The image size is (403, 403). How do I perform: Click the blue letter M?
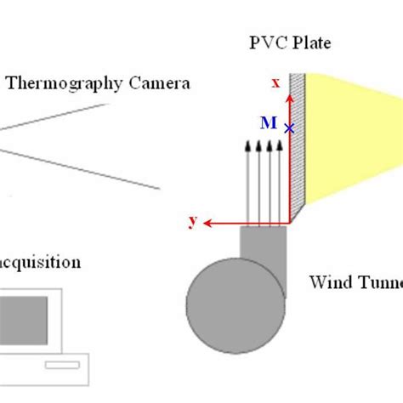269,123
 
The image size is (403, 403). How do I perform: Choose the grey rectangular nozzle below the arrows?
264,251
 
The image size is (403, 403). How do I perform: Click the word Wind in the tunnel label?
326,281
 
